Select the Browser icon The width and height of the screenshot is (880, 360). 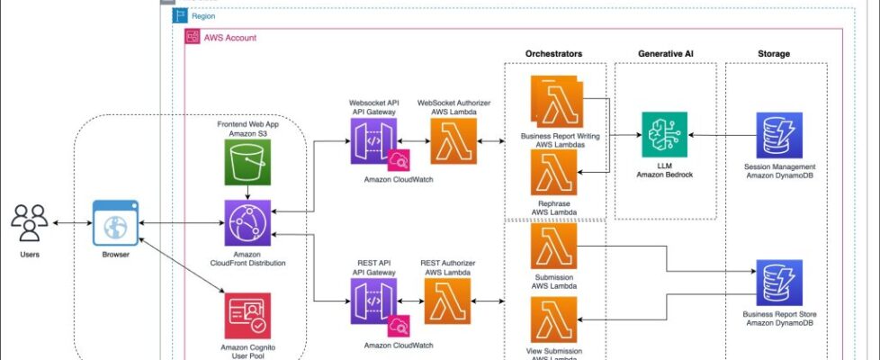116,222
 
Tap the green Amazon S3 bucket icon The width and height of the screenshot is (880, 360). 247,163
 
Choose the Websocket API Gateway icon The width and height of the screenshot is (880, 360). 373,141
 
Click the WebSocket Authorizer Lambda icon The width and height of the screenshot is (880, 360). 454,141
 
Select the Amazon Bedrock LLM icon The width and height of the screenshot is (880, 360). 665,135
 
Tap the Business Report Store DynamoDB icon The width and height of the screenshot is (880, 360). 779,282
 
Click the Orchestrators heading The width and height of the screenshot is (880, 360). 553,54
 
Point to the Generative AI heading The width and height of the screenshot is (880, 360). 665,54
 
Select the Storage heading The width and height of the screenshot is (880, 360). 774,54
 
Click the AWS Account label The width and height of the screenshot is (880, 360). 229,38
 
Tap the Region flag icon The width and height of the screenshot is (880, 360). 180,16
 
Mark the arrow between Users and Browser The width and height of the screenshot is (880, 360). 72,222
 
